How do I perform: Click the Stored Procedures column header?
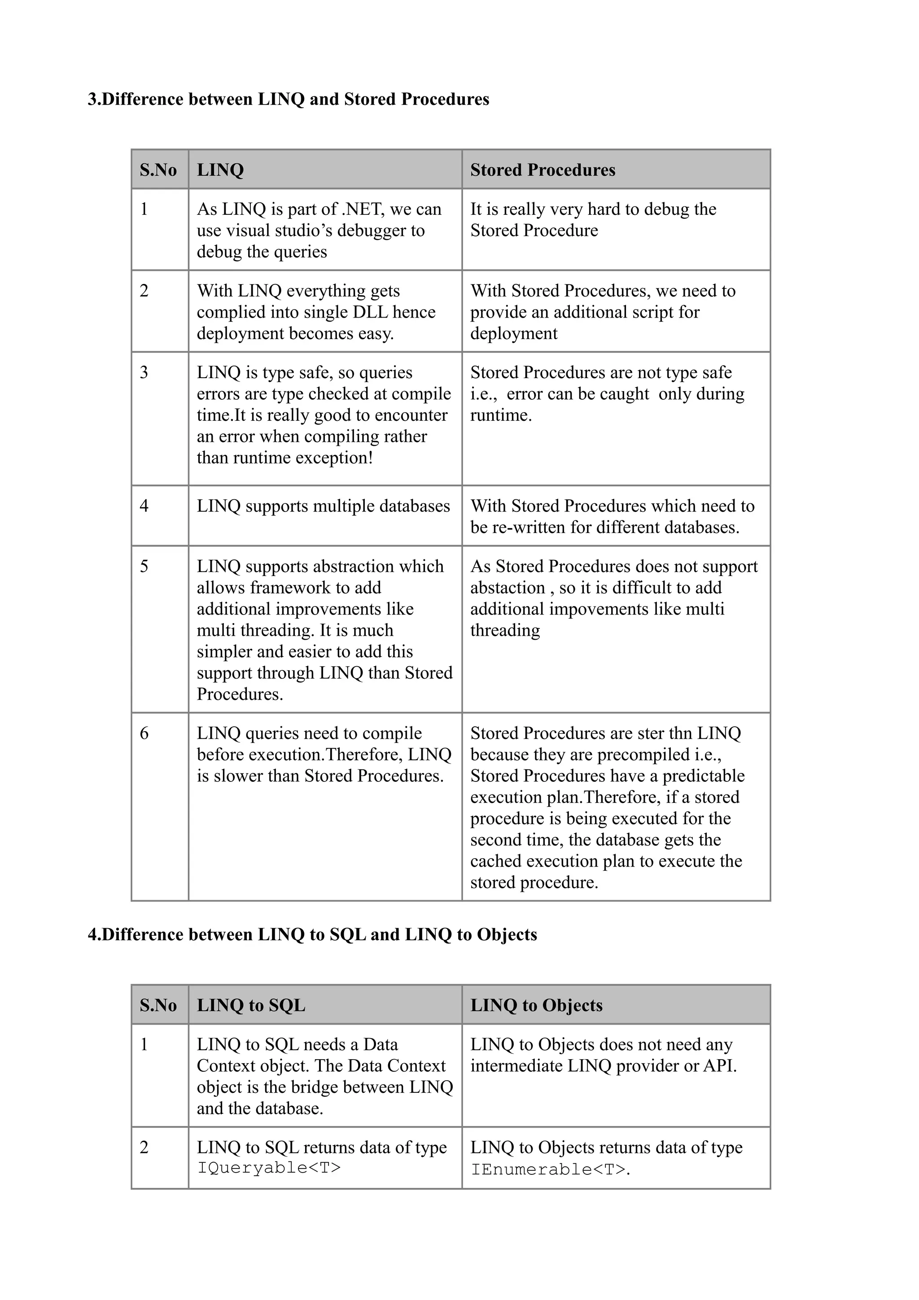(x=542, y=170)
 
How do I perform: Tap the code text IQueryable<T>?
(x=268, y=1168)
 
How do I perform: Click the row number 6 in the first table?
(x=144, y=733)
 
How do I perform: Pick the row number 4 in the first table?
(x=144, y=506)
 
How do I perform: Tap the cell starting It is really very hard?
(x=593, y=220)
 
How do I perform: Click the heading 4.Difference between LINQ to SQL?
(x=312, y=934)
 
